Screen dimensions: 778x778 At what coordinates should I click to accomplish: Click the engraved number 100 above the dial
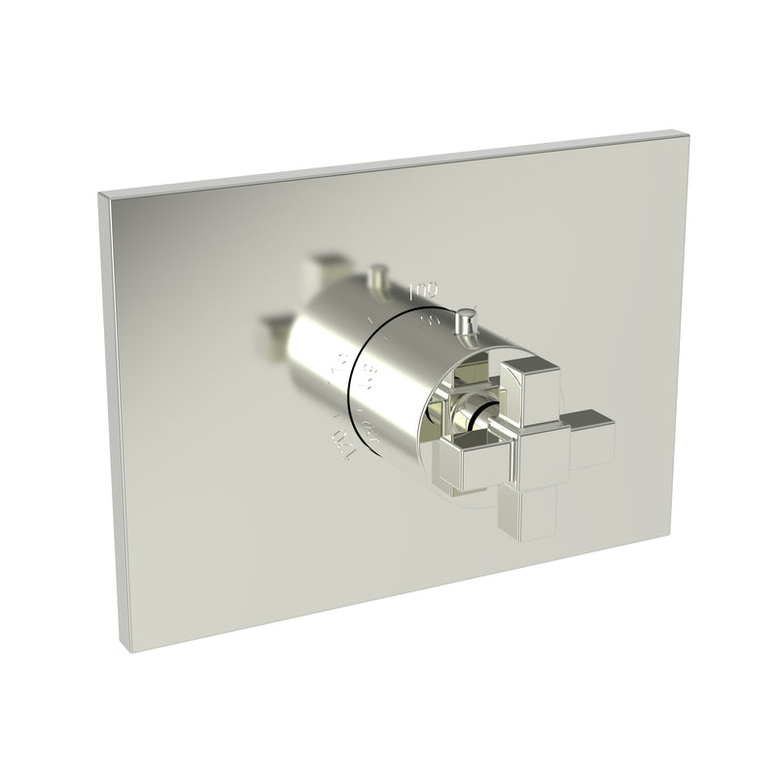[423, 290]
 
